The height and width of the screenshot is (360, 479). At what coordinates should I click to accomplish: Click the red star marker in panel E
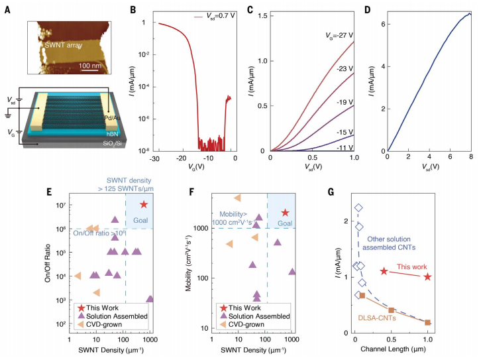click(x=144, y=205)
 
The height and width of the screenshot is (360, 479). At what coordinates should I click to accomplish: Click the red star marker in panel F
click(x=286, y=212)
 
